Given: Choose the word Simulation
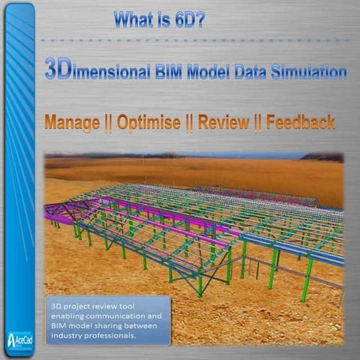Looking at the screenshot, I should pyautogui.click(x=316, y=72).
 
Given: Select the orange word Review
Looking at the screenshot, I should pyautogui.click(x=223, y=122).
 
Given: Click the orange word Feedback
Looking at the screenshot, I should pyautogui.click(x=300, y=122).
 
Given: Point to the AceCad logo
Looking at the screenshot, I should pyautogui.click(x=19, y=337).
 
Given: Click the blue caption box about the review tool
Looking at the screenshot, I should pyautogui.click(x=108, y=319).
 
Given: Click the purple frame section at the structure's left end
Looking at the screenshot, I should pyautogui.click(x=59, y=213).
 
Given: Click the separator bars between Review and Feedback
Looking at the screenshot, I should pyautogui.click(x=257, y=122).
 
